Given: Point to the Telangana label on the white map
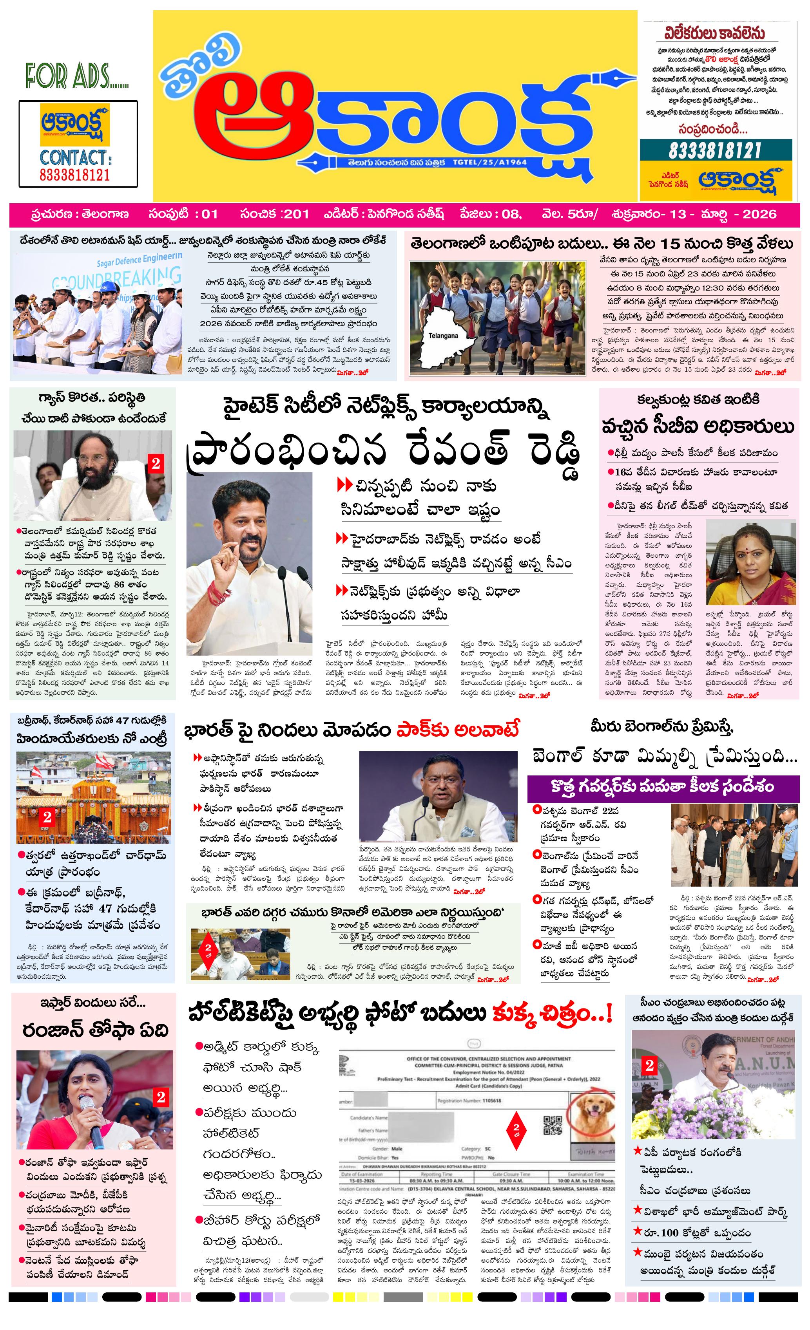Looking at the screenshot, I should (x=443, y=336).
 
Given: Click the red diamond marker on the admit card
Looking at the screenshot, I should (x=516, y=1128).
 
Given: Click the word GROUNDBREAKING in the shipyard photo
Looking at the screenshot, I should (x=116, y=279).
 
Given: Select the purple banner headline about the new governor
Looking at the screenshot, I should (x=663, y=786).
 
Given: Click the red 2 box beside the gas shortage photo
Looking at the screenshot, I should (x=156, y=463).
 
